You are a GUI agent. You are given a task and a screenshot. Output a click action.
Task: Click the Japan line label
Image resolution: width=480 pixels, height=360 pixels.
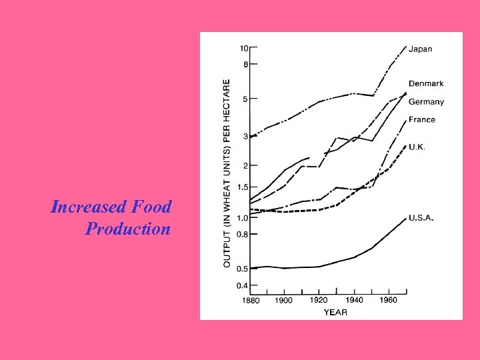pyautogui.click(x=421, y=49)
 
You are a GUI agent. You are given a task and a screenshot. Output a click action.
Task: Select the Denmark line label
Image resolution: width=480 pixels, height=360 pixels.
pyautogui.click(x=426, y=83)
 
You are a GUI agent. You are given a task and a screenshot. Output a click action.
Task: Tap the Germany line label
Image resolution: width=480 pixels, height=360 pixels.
pyautogui.click(x=426, y=102)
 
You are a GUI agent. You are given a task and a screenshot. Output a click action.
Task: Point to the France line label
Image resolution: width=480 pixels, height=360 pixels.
pyautogui.click(x=421, y=120)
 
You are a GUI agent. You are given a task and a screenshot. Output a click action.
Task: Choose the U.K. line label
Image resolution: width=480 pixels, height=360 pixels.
pyautogui.click(x=417, y=146)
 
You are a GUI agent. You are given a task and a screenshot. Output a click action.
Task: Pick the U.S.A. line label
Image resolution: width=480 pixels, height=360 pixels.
pyautogui.click(x=421, y=218)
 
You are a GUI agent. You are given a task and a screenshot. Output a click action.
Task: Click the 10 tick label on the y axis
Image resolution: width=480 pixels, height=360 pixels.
pyautogui.click(x=245, y=48)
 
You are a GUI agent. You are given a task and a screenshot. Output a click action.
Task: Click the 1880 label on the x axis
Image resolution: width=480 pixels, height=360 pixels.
pyautogui.click(x=251, y=301)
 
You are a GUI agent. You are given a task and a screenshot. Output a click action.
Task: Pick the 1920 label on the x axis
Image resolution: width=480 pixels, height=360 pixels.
pyautogui.click(x=319, y=301)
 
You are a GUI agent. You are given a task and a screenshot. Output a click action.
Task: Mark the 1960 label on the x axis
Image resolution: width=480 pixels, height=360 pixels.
pyautogui.click(x=388, y=301)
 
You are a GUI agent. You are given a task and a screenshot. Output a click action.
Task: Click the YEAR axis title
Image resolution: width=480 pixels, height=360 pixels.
pyautogui.click(x=335, y=312)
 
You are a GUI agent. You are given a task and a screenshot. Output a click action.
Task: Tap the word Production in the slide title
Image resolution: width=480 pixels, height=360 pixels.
pyautogui.click(x=128, y=229)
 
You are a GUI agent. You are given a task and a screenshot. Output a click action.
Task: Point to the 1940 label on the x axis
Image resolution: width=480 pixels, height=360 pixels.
pyautogui.click(x=353, y=301)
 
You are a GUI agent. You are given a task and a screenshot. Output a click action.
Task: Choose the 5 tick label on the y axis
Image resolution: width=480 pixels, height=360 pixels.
pyautogui.click(x=246, y=99)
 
